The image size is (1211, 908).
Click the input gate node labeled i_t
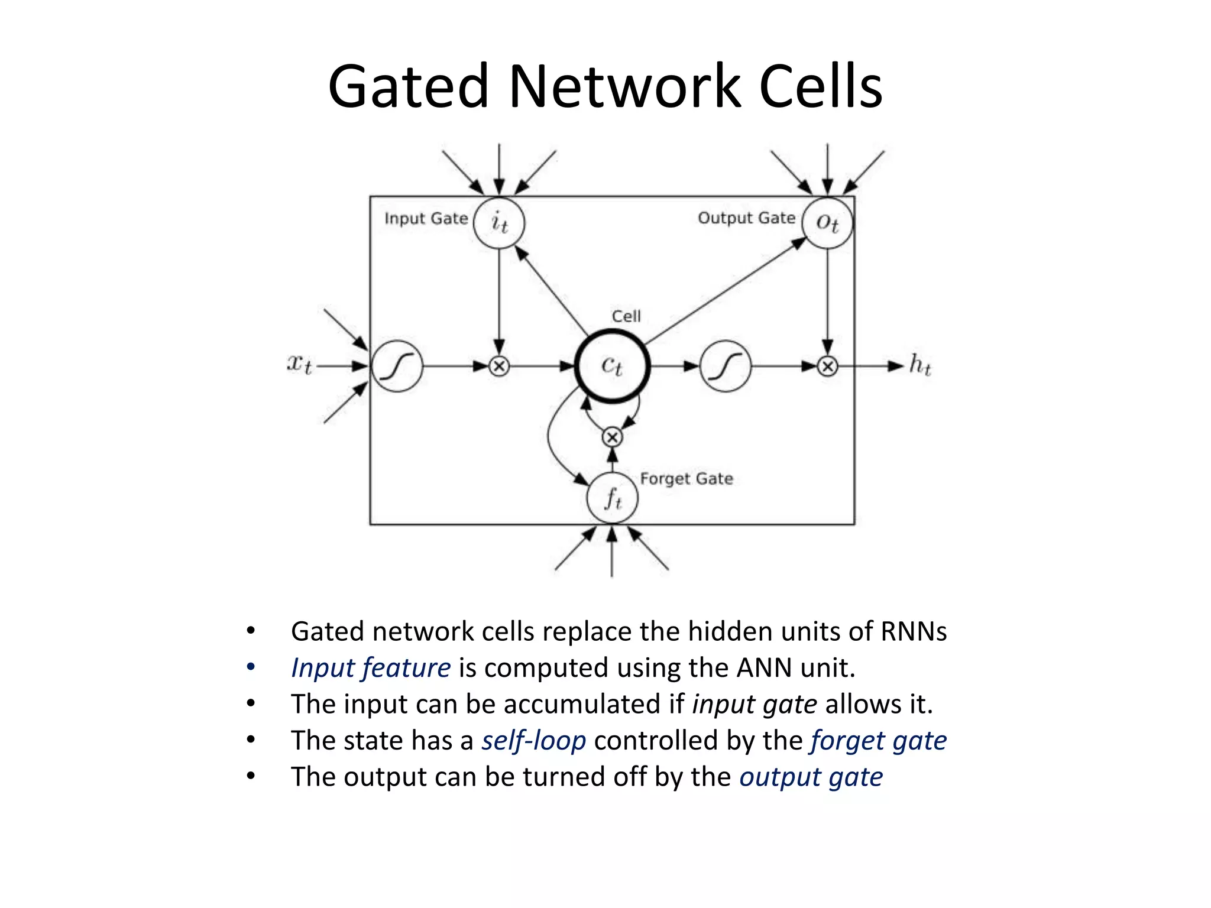499,223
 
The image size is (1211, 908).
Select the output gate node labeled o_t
827,223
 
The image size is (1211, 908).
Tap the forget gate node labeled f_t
612,498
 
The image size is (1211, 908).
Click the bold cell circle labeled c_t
612,367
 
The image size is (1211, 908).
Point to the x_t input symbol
299,364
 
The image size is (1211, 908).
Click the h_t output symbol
920,365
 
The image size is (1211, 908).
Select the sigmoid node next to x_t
397,367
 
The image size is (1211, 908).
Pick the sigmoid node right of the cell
726,367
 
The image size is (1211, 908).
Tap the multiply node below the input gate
499,367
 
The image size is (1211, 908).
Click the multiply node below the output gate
827,367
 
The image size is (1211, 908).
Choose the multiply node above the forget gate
612,437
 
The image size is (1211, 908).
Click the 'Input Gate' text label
426,219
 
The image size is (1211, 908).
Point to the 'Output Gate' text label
746,218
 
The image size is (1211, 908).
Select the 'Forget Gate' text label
687,478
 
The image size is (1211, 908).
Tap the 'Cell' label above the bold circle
626,316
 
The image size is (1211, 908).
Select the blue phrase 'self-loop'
533,741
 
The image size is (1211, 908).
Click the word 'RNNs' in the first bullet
914,631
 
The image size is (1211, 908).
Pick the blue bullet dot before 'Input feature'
251,667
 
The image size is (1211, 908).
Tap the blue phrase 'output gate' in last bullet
811,777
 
